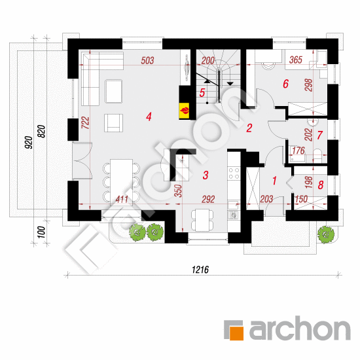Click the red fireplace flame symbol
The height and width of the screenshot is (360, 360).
[185, 111]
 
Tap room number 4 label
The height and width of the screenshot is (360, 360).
[149, 117]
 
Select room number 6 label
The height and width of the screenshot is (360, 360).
[285, 84]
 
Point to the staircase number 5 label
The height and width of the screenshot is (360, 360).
[202, 93]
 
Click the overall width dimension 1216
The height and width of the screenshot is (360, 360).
[200, 270]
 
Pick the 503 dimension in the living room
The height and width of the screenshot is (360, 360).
[147, 61]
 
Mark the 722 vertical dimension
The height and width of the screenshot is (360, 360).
[85, 122]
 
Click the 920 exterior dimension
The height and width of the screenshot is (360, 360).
[29, 142]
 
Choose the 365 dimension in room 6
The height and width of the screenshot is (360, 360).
[296, 60]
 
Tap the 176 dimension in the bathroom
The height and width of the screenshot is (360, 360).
[298, 151]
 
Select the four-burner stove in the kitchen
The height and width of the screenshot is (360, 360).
[234, 173]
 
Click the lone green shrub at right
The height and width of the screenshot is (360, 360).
[326, 234]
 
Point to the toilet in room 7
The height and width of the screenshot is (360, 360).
[317, 155]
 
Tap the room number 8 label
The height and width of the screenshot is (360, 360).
[321, 185]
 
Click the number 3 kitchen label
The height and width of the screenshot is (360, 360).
[206, 175]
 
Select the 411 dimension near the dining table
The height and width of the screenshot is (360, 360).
[122, 199]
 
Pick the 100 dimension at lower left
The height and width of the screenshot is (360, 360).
[41, 232]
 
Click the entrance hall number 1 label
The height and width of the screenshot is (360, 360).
[274, 181]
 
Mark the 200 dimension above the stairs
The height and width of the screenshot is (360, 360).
[208, 61]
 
